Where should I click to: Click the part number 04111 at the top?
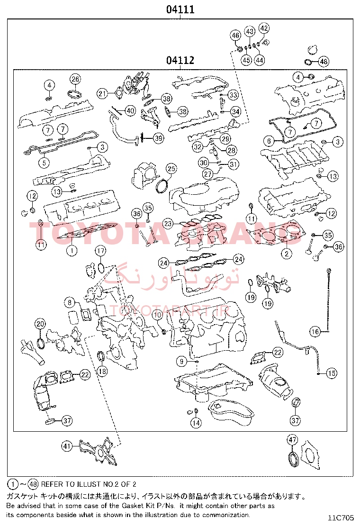(180, 9)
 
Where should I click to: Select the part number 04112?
(180, 60)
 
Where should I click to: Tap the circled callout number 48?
(324, 62)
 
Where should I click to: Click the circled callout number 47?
(292, 440)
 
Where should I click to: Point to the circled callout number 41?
(67, 446)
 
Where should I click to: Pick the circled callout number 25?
(171, 168)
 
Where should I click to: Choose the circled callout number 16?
(315, 332)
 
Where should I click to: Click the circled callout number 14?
(196, 423)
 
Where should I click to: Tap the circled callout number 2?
(287, 253)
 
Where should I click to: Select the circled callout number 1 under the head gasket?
(72, 250)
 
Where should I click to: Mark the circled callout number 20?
(40, 324)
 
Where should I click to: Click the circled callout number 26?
(75, 79)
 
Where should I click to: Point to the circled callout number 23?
(168, 224)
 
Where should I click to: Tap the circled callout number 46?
(235, 35)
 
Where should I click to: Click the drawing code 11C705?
(341, 518)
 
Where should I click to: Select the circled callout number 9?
(181, 361)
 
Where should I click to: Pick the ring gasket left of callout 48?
(308, 62)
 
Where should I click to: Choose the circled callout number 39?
(159, 138)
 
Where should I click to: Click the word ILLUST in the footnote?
(89, 484)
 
